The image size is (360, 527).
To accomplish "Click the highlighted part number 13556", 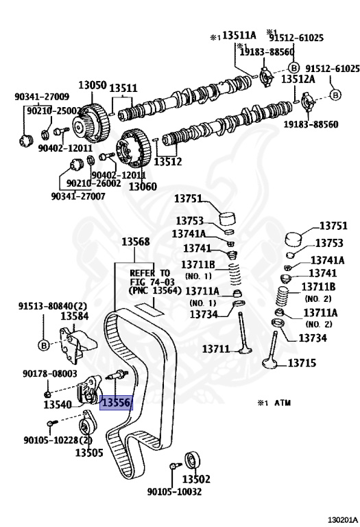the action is [116, 402].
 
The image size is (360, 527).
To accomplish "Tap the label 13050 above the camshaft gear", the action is [93, 85].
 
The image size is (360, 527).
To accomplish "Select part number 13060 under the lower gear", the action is [143, 186].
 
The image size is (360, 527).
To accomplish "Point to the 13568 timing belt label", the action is [135, 242].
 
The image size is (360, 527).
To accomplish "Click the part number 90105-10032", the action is [174, 492].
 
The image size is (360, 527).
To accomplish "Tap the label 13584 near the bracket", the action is [74, 316].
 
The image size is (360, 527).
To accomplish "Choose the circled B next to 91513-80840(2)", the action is [43, 345].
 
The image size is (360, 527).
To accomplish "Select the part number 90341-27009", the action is [42, 97].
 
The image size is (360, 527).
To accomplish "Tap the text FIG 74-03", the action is [152, 281].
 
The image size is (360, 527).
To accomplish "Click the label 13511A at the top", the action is [239, 35].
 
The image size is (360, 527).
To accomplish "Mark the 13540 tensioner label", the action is [58, 405].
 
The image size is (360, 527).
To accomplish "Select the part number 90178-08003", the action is [49, 373].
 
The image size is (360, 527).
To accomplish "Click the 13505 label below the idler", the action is [88, 453].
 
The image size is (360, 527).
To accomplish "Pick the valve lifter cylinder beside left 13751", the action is [228, 219].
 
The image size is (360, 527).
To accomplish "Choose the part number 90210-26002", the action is [94, 183].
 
